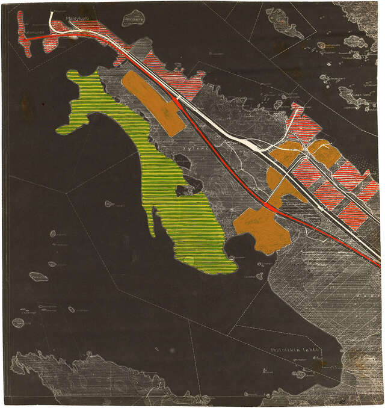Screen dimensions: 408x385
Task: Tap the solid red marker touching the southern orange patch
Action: click(x=269, y=206)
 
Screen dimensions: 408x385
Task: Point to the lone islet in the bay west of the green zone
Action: click(x=109, y=204)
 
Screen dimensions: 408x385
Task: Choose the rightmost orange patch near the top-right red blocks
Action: click(x=325, y=153)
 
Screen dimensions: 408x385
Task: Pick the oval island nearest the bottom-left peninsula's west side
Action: click(x=18, y=323)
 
